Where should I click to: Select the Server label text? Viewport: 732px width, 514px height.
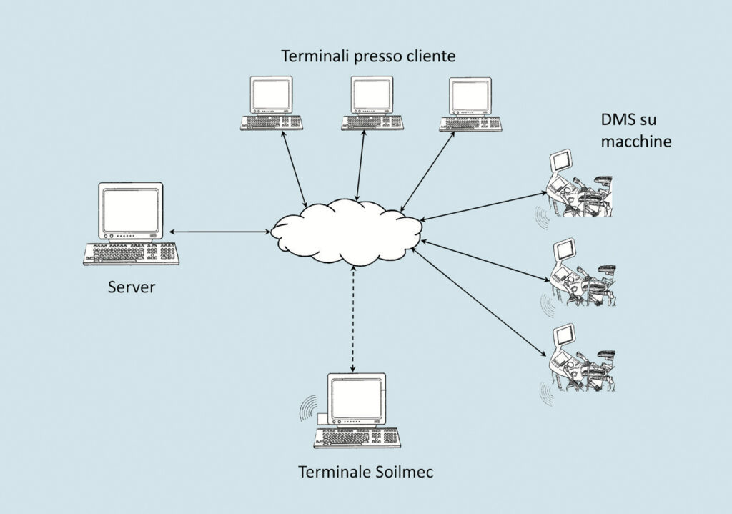(x=131, y=288)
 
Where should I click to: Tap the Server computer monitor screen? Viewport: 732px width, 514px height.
(x=130, y=209)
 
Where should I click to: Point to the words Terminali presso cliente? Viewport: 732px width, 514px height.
(x=367, y=56)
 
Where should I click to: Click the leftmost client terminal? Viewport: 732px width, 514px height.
(x=271, y=104)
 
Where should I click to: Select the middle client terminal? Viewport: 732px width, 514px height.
(x=371, y=104)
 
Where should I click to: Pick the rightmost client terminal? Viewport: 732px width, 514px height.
(x=470, y=104)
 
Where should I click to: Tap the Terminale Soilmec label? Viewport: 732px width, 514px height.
(x=365, y=472)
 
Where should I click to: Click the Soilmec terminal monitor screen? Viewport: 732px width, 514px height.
(x=355, y=395)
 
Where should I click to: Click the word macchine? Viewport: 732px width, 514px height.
(x=635, y=142)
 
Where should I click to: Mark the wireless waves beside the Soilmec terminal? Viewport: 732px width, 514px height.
(x=308, y=410)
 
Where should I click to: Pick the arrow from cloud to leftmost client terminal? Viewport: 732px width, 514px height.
(x=296, y=170)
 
